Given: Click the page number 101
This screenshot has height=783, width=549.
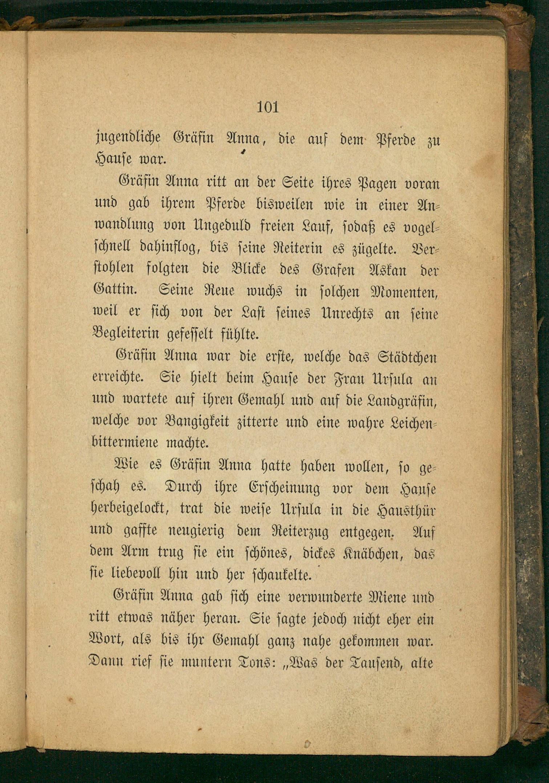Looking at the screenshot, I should coord(268,107).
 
